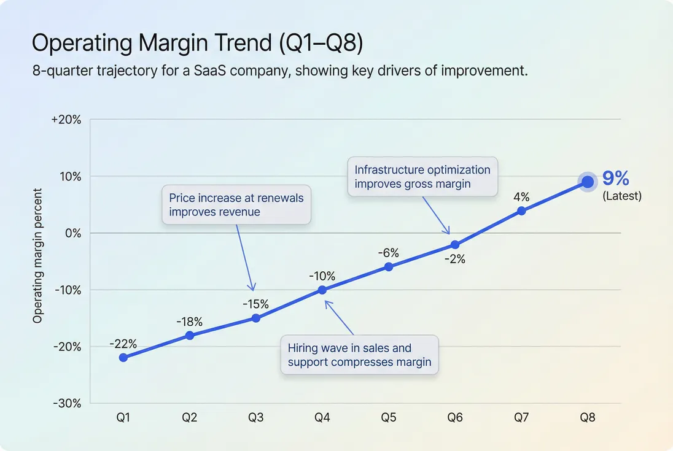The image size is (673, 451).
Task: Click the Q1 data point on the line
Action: point(123,357)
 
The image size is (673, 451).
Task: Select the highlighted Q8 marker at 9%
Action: point(588,182)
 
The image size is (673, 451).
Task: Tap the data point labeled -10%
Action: point(322,290)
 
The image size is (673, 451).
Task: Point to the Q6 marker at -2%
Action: point(455,244)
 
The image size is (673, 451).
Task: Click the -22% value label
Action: point(123,344)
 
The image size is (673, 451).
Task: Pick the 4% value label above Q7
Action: point(521,197)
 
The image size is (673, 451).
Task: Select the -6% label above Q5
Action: point(389,253)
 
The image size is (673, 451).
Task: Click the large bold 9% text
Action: point(615,179)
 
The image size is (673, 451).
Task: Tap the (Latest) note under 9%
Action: point(621,196)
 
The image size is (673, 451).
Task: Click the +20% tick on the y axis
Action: point(66,120)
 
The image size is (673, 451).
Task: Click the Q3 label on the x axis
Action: point(256,418)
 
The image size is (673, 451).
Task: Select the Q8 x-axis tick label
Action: point(588,418)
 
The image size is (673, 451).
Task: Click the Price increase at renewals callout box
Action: point(236,205)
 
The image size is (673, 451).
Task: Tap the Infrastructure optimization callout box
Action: point(422,177)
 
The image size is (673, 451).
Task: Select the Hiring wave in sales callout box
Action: point(359,355)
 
